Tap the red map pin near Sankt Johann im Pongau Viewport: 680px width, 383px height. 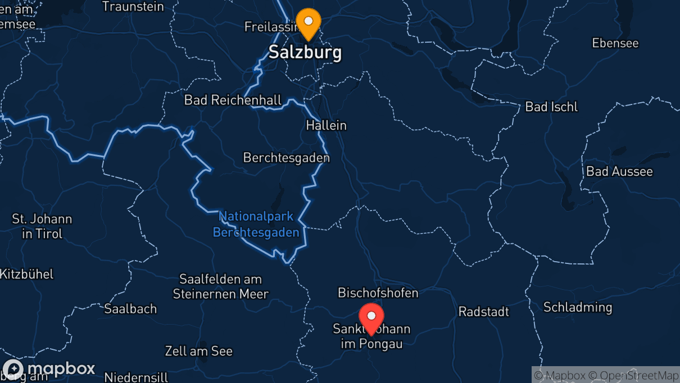point(371,316)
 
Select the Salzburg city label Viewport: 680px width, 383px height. point(305,52)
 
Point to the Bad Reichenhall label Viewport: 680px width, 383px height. point(233,100)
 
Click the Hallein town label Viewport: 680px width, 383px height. point(326,125)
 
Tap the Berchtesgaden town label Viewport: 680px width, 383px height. point(286,158)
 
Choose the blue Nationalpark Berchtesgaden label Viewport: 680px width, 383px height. point(256,224)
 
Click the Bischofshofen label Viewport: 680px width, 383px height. point(378,293)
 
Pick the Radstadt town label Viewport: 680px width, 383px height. point(483,311)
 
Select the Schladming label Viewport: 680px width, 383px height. point(577,307)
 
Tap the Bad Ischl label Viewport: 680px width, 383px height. point(551,107)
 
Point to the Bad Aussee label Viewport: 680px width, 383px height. point(619,171)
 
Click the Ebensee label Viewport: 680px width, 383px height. point(615,43)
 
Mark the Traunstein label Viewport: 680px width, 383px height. point(133,7)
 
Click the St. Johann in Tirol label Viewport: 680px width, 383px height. point(42,226)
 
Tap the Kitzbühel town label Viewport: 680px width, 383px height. point(26,274)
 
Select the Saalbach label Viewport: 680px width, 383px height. point(130,308)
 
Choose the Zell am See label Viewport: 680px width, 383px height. point(198,351)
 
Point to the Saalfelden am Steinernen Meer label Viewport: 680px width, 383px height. point(220,286)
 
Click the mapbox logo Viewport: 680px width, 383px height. point(49,369)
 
